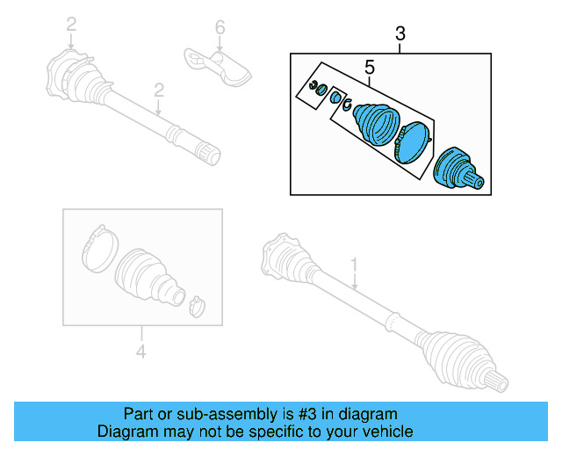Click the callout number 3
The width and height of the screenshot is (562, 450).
pyautogui.click(x=400, y=34)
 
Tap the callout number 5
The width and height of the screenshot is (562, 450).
pyautogui.click(x=370, y=67)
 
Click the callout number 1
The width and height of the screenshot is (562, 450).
pyautogui.click(x=355, y=264)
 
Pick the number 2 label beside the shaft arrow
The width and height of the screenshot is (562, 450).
pyautogui.click(x=159, y=90)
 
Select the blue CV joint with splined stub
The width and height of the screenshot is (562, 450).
pyautogui.click(x=458, y=167)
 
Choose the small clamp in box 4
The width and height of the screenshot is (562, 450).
pyautogui.click(x=196, y=304)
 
